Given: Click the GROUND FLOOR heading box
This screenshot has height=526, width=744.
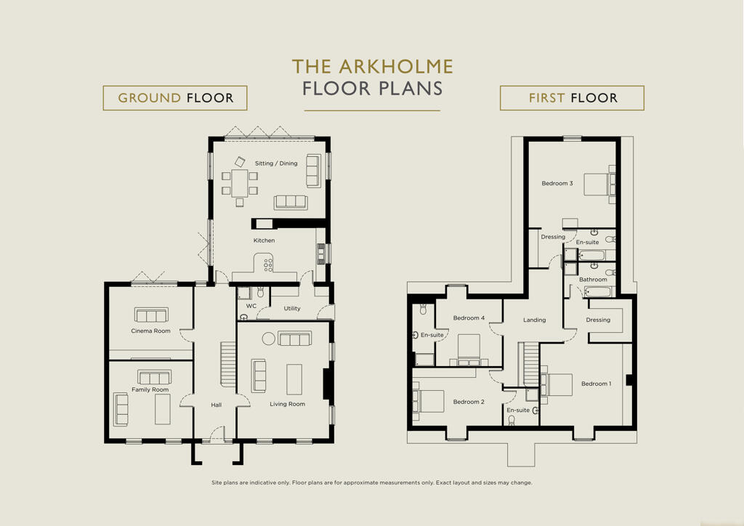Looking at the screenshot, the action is [175, 97].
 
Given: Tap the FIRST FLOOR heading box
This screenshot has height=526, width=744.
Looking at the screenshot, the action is [572, 97].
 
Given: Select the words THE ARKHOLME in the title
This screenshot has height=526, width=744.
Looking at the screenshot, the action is [373, 67].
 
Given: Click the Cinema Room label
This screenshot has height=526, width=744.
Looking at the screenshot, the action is [151, 331].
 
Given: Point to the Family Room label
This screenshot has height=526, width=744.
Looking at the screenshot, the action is [150, 389].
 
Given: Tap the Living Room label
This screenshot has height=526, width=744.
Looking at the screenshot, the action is [288, 404].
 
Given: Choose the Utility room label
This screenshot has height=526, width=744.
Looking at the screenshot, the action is [292, 308].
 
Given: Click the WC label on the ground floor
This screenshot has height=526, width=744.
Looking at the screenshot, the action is [251, 306].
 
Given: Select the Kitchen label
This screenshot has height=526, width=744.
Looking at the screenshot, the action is [264, 240].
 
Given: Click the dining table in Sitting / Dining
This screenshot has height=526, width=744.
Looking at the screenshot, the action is [240, 183].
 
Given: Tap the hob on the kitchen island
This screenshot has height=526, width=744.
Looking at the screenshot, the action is [268, 265].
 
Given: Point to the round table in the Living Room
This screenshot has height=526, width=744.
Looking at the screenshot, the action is [269, 338].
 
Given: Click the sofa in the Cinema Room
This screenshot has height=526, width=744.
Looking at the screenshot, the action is [151, 315].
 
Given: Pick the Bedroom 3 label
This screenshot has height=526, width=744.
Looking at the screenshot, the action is [557, 183].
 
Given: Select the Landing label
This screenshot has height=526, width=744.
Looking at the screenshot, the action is [534, 320].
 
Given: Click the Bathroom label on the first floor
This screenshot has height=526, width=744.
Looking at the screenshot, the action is [593, 280].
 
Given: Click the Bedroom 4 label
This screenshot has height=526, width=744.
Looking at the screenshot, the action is [469, 317].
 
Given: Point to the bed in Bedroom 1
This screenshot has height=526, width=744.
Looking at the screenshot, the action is [557, 384].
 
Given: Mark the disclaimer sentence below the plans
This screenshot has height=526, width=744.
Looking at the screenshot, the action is [372, 482].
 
